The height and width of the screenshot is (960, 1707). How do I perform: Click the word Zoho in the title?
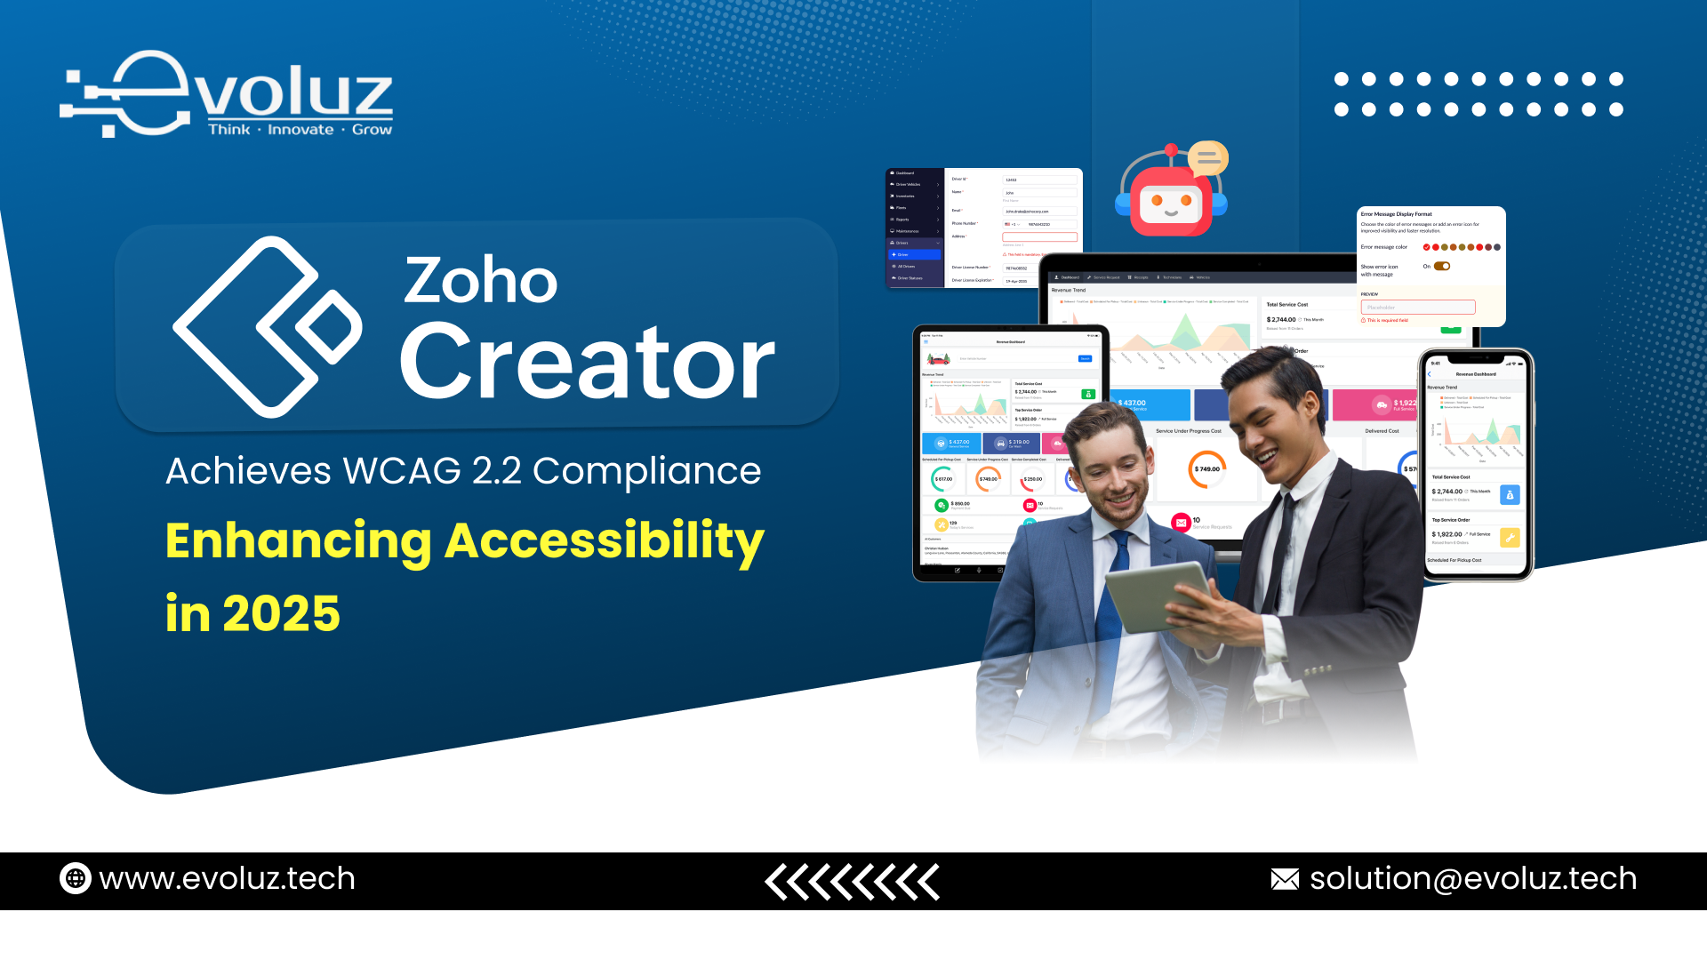[x=481, y=280]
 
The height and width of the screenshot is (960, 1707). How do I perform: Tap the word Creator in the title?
[x=588, y=363]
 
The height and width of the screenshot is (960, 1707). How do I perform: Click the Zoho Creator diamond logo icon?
[x=267, y=327]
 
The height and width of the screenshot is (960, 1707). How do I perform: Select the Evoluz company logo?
[x=228, y=94]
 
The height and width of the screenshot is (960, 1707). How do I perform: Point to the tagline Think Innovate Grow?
[x=300, y=130]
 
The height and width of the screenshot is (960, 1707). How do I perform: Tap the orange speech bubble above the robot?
[x=1208, y=158]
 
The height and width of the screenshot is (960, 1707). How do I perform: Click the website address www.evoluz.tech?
[x=227, y=879]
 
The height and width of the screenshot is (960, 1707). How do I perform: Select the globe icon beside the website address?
[x=76, y=879]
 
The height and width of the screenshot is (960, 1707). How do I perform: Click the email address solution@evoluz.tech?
[x=1472, y=879]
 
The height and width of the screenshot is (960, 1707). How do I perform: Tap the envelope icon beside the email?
[x=1285, y=879]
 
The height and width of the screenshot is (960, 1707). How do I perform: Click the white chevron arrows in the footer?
[x=852, y=882]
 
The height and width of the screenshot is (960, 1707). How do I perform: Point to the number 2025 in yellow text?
[x=281, y=613]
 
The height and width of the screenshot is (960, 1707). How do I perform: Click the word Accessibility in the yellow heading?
[x=604, y=540]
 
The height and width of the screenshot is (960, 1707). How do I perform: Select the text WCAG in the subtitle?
[x=403, y=471]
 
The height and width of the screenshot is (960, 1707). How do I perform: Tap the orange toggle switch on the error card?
[x=1442, y=266]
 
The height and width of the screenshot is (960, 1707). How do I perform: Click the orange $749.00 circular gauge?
[x=1206, y=469]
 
